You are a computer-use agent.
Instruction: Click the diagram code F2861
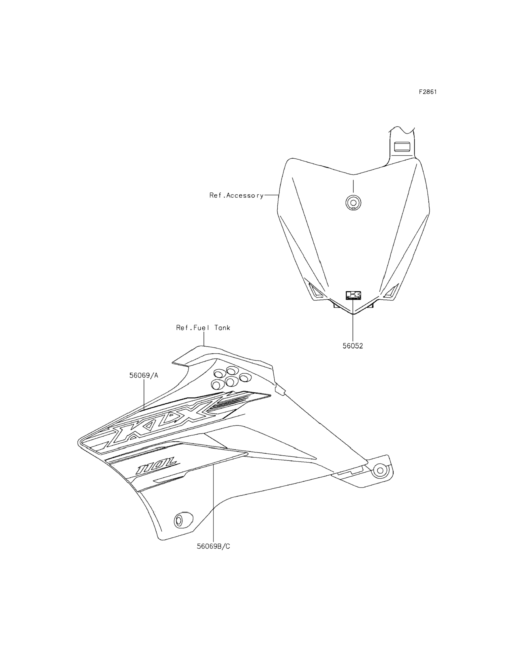(428, 92)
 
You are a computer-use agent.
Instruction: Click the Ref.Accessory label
(236, 195)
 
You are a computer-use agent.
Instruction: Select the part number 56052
(353, 346)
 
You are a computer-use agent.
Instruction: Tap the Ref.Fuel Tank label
(203, 328)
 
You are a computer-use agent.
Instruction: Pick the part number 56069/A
(144, 376)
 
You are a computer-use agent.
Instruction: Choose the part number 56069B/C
(213, 547)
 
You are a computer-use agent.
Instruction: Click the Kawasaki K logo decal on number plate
(353, 295)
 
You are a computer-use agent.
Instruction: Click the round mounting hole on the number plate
(353, 202)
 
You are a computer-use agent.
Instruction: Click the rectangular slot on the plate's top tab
(402, 146)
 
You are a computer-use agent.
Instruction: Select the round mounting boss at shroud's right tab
(380, 470)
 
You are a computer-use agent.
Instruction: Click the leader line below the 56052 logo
(353, 323)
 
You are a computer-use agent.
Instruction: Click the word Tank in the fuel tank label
(222, 328)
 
